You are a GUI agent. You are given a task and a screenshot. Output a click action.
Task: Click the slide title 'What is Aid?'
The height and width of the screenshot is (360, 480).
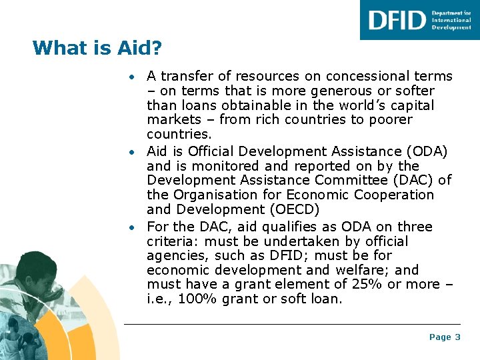point(97,48)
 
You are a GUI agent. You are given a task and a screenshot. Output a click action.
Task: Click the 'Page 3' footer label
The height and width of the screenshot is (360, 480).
point(445,337)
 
